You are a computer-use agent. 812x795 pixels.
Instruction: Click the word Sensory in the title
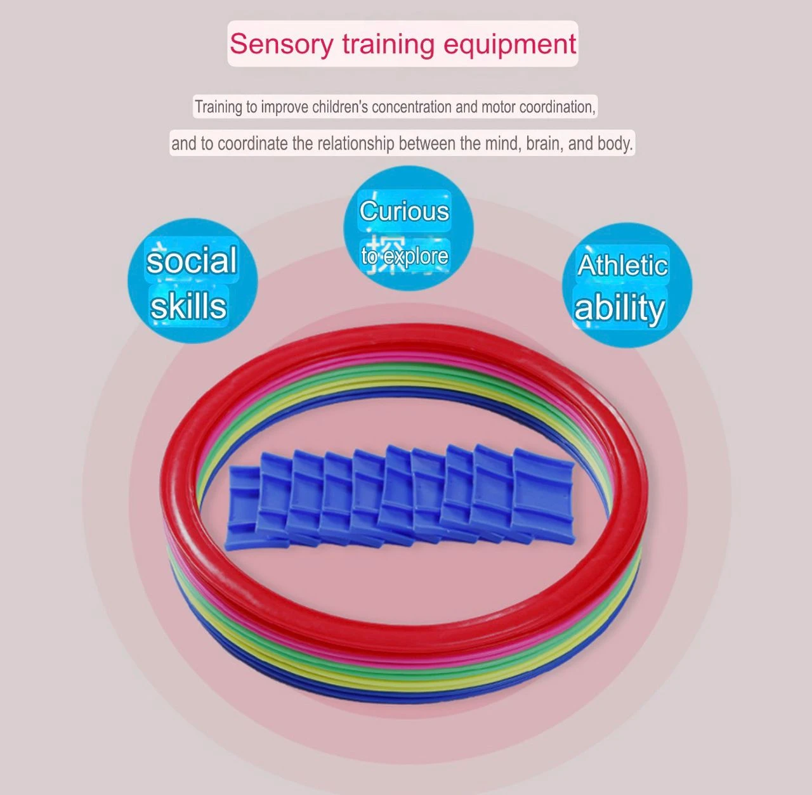(280, 44)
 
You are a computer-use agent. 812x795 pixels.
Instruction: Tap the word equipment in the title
(509, 44)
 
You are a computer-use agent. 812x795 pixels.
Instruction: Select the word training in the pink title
(387, 44)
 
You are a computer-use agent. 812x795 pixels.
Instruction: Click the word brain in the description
(544, 143)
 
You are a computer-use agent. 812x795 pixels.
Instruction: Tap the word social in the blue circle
(192, 261)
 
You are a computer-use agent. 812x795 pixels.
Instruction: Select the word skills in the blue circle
(188, 306)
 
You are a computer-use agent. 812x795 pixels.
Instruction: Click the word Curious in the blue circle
(404, 211)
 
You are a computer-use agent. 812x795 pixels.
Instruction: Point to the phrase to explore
(404, 256)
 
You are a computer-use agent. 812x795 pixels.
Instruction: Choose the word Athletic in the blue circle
(622, 265)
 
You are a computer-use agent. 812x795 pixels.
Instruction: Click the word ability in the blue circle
(619, 308)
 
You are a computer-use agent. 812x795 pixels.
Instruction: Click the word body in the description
(615, 143)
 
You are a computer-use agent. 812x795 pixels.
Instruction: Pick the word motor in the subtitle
(499, 107)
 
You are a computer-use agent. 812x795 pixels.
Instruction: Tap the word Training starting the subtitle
(218, 107)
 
